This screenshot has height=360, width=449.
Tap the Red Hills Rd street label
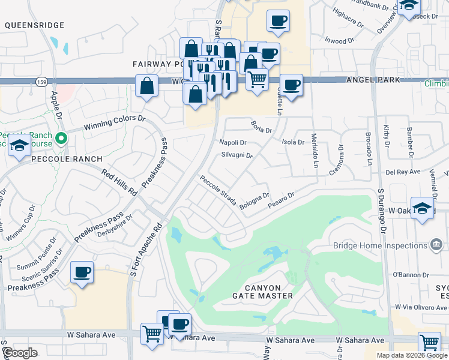click(119, 183)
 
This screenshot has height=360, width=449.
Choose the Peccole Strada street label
click(218, 190)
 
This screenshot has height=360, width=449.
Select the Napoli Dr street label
click(234, 143)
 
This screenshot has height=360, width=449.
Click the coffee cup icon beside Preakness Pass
click(82, 272)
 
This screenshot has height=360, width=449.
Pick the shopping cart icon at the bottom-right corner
click(429, 343)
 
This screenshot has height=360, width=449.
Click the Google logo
click(20, 353)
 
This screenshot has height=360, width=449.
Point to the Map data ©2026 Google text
click(411, 355)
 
